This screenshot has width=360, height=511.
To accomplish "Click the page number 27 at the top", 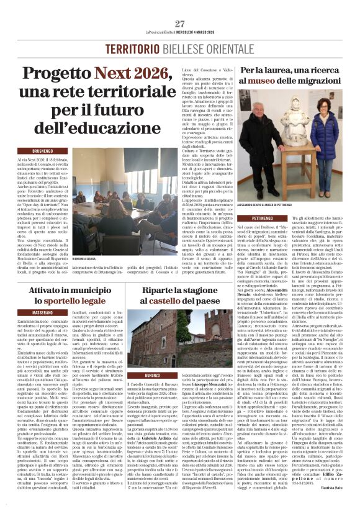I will point(179,24).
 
